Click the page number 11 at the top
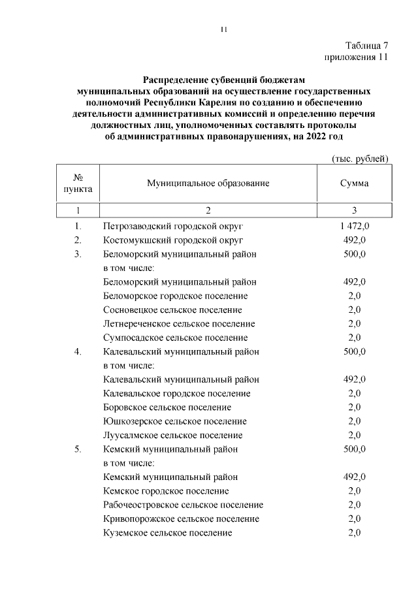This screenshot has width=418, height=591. pyautogui.click(x=223, y=29)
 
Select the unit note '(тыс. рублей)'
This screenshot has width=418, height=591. pyautogui.click(x=361, y=158)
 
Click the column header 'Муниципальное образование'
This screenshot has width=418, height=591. pyautogui.click(x=208, y=184)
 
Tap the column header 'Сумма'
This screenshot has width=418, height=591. pyautogui.click(x=354, y=184)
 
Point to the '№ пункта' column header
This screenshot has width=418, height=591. pyautogui.click(x=78, y=184)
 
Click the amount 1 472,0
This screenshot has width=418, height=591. pyautogui.click(x=354, y=226)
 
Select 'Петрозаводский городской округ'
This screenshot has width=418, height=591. pyautogui.click(x=173, y=226)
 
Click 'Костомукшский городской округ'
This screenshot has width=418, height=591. pyautogui.click(x=172, y=240)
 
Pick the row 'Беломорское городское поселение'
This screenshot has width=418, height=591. pyautogui.click(x=175, y=296)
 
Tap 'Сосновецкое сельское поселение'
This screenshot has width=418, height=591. pyautogui.click(x=172, y=310)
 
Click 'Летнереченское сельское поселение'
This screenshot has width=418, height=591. pyautogui.click(x=179, y=324)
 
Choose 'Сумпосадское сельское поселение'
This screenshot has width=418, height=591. pyautogui.click(x=175, y=338)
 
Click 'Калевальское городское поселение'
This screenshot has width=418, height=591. pyautogui.click(x=177, y=394)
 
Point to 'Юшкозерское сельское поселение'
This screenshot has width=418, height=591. pyautogui.click(x=174, y=421)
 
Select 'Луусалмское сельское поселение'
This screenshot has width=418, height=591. pyautogui.click(x=172, y=436)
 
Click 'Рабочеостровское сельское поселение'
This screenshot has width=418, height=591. pyautogui.click(x=183, y=505)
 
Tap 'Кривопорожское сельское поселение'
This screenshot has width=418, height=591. pyautogui.click(x=181, y=519)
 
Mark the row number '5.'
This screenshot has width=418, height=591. pyautogui.click(x=78, y=449)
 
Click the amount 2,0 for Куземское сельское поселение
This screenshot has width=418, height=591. pyautogui.click(x=354, y=533)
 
